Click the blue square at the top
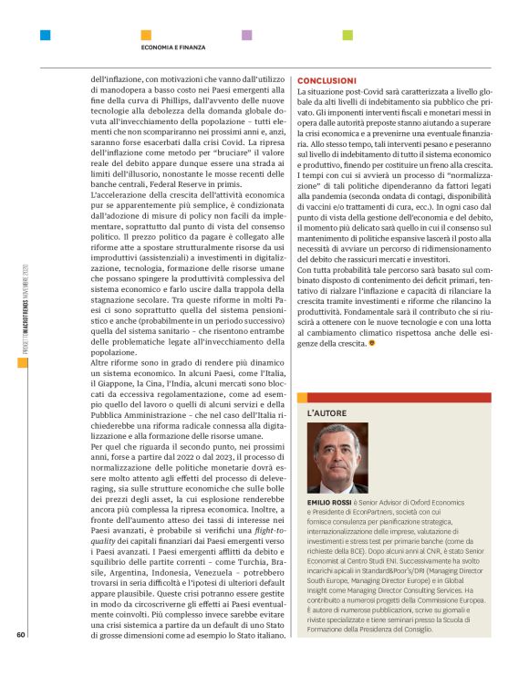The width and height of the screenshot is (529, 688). (45, 36)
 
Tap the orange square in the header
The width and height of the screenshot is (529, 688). (145, 36)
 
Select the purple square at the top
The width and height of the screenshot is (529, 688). (246, 36)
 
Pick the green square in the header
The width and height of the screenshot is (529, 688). (347, 36)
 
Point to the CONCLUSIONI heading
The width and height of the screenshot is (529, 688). (327, 81)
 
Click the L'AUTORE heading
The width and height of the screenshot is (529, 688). (327, 414)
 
